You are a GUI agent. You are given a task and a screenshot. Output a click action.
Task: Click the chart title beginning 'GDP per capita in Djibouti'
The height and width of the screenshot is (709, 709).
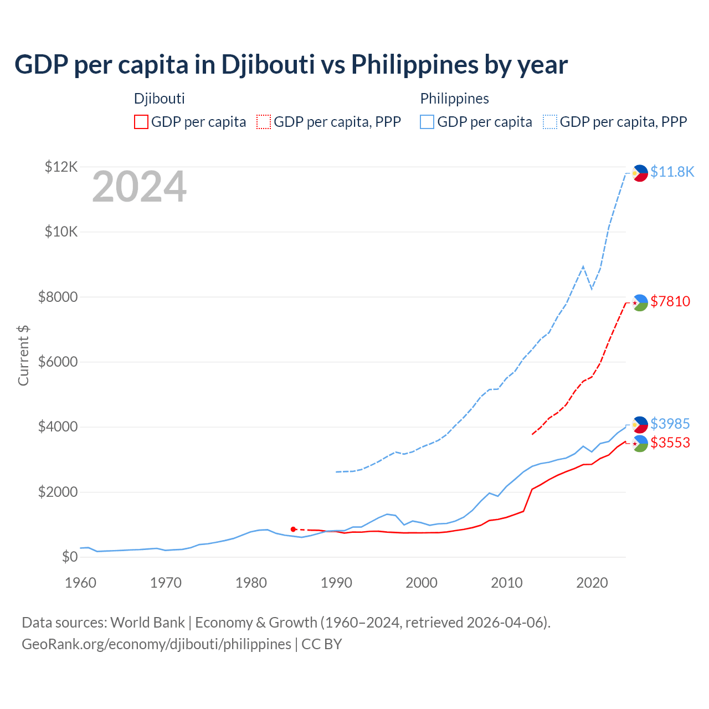point(291,65)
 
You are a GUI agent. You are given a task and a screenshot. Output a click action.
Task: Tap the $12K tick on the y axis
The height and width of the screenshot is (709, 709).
point(61,167)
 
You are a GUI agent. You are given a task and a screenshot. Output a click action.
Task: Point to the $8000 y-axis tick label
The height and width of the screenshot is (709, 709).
point(58,297)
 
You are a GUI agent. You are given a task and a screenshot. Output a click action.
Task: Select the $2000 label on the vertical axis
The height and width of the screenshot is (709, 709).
point(58,492)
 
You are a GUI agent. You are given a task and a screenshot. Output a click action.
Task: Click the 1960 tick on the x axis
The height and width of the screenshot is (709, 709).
point(80,583)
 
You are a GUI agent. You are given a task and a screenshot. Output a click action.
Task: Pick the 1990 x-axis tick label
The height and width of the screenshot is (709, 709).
point(336,583)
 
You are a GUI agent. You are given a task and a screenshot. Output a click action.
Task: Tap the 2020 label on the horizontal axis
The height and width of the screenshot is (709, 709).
point(592,583)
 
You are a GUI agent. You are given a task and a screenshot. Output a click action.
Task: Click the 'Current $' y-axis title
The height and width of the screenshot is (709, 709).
point(23,356)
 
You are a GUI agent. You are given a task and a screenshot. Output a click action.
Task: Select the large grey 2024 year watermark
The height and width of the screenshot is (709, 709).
point(139,187)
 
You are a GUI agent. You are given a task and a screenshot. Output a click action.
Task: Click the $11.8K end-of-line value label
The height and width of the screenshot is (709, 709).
point(672,172)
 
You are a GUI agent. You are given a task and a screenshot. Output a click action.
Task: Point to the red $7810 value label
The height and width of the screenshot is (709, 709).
point(670,301)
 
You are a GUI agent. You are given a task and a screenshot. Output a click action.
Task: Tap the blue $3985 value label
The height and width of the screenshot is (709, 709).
point(670,424)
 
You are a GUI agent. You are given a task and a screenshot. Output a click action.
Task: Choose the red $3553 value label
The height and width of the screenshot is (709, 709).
point(670,443)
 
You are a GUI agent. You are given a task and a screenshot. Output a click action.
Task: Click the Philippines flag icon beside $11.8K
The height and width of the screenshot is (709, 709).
point(640,173)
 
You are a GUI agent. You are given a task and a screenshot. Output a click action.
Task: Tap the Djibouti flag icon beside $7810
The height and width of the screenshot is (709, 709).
point(640,303)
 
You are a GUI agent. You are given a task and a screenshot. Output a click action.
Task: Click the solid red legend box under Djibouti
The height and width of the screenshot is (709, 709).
point(141,122)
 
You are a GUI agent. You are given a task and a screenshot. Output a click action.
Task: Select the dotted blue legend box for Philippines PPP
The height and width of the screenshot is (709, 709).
point(550,122)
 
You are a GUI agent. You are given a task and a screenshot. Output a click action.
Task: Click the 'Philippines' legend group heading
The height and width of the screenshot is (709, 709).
point(454,99)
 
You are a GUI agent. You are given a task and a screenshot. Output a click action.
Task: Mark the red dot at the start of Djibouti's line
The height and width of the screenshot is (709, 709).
point(293,530)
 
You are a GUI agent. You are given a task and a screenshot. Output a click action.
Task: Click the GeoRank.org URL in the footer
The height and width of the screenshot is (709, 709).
point(156,644)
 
